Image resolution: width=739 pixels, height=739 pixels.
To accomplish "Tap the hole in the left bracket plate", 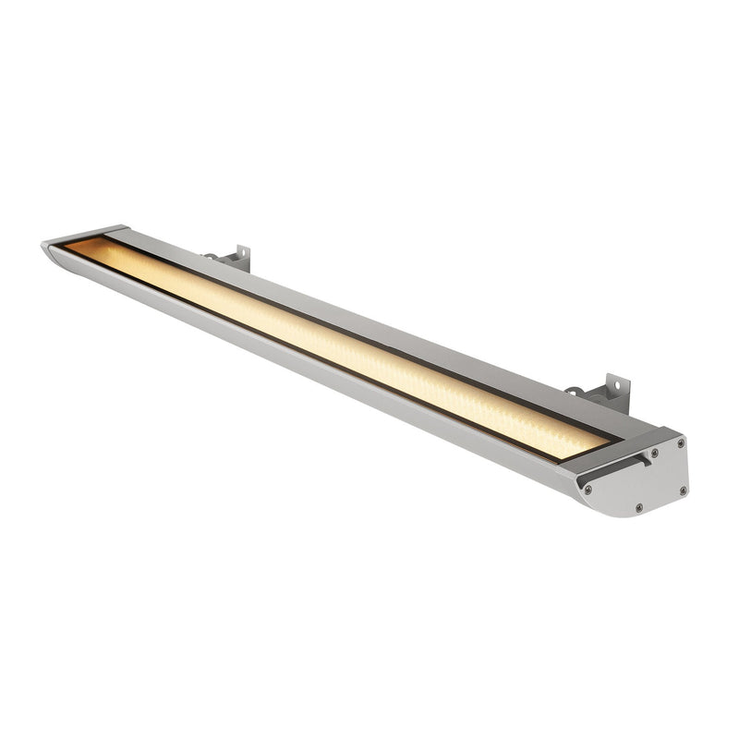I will tap(239, 253).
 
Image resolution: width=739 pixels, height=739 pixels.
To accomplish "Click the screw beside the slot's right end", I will tap(655, 453).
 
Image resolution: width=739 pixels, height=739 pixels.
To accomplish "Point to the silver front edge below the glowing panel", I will tap(323, 369).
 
